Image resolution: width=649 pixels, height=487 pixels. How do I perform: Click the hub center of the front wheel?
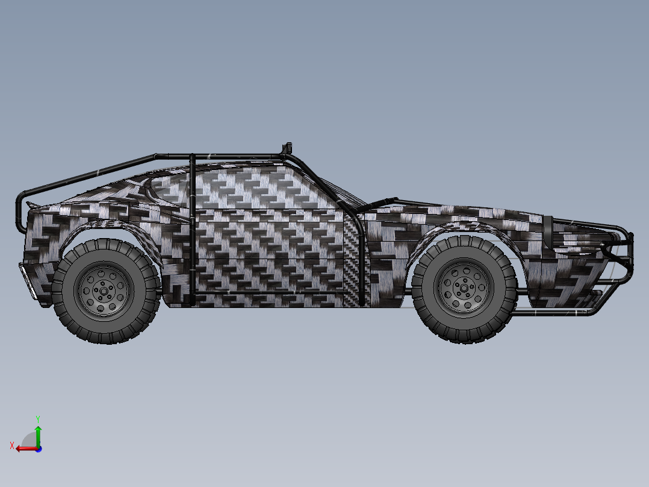tap(464, 288)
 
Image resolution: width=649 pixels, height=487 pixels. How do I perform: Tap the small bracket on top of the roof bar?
tap(287, 148)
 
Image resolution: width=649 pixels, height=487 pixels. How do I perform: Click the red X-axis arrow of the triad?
tap(24, 448)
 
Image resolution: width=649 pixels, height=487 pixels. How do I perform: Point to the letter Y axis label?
tap(38, 418)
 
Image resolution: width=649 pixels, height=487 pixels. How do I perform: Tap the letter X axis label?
tap(11, 446)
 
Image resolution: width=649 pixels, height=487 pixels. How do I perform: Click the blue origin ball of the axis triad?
tap(38, 448)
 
